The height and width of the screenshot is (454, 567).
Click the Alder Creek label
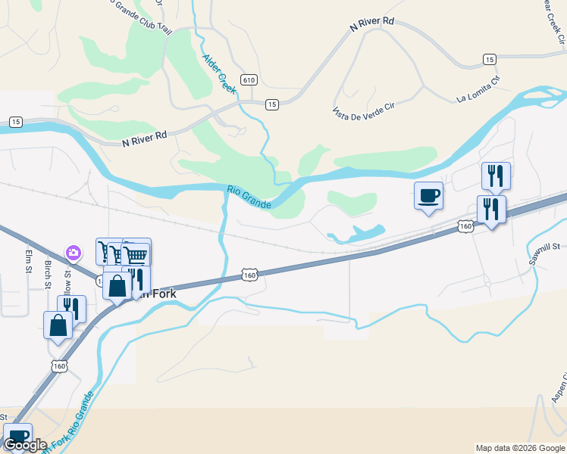[x=219, y=73]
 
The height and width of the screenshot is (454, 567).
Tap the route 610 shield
[x=249, y=79]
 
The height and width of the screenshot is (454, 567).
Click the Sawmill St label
[x=544, y=247]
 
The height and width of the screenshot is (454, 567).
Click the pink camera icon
[x=74, y=252]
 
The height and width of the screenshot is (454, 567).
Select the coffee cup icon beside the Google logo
[x=17, y=436]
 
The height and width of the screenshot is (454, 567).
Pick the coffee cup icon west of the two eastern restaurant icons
[x=428, y=195]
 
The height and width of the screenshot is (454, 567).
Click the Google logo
[x=25, y=445]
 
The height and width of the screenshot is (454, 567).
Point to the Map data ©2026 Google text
[x=519, y=448]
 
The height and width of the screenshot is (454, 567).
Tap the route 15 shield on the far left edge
[x=14, y=121]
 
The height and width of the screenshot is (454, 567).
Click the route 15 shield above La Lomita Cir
[x=489, y=59]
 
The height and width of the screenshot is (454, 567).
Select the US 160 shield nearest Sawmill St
[x=465, y=225]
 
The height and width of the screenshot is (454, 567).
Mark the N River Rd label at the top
[x=372, y=25]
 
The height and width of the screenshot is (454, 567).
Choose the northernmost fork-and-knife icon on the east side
[x=496, y=176]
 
